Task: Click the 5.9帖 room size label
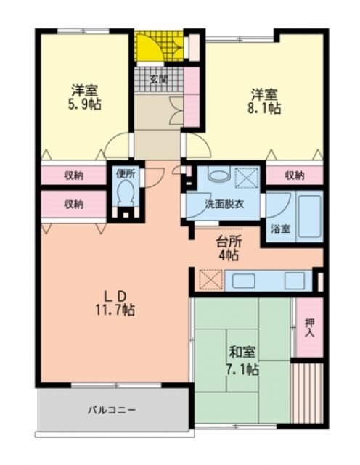pyautogui.click(x=86, y=104)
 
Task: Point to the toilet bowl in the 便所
pyautogui.click(x=125, y=194)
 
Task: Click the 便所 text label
pyautogui.click(x=125, y=174)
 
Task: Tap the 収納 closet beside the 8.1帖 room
pyautogui.click(x=293, y=176)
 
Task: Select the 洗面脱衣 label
pyautogui.click(x=224, y=204)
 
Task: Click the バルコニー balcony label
pyautogui.click(x=111, y=410)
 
